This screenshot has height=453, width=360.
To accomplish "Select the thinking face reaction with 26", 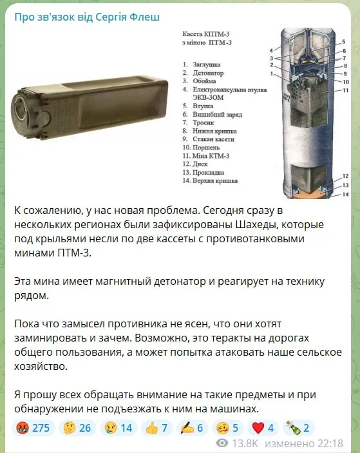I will pos(77,427).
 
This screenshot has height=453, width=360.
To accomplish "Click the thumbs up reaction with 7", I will pos(155,427).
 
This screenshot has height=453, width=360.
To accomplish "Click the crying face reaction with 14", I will pos(117,427).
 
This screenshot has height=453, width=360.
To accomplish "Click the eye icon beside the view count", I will pos(223,443).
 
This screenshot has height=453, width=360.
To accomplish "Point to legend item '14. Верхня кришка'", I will pos(213,181).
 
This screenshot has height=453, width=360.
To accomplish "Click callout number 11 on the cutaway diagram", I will pos(345,90).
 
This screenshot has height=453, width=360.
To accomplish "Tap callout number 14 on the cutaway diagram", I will pos(345,195).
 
